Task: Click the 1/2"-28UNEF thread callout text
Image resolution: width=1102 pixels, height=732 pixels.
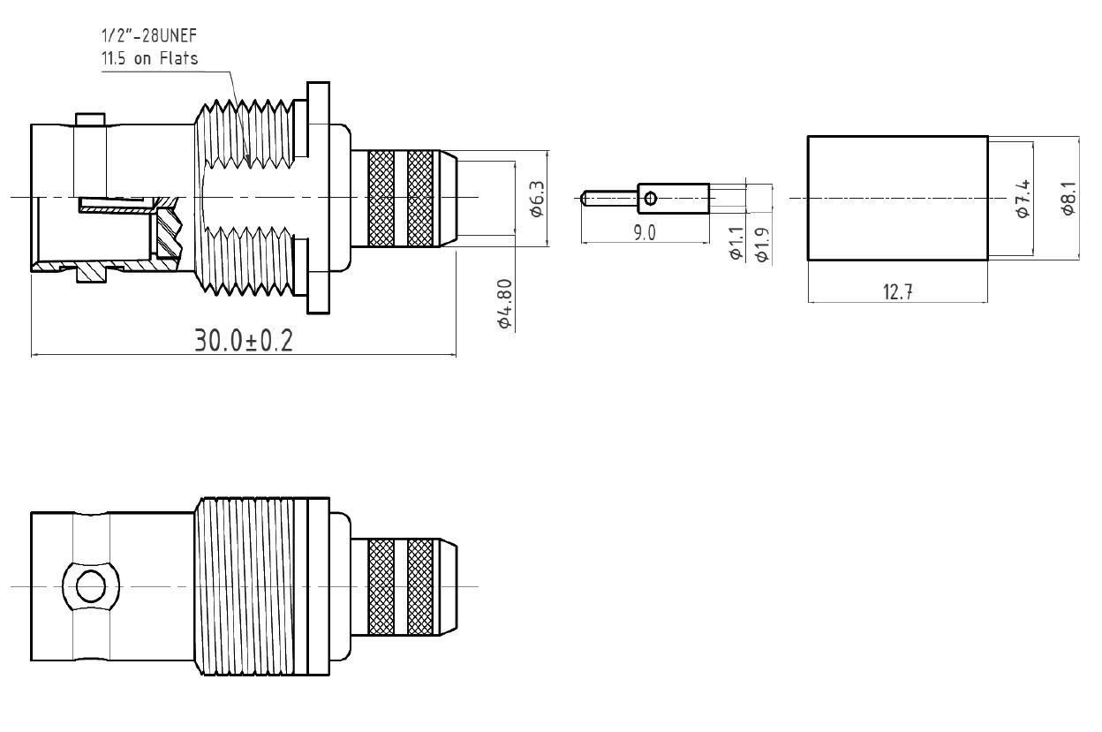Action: pyautogui.click(x=149, y=35)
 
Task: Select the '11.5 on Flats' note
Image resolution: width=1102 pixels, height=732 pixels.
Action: pyautogui.click(x=149, y=58)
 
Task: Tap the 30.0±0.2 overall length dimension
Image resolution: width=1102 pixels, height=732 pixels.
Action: pyautogui.click(x=244, y=341)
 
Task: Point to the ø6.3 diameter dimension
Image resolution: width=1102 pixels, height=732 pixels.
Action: pyautogui.click(x=537, y=199)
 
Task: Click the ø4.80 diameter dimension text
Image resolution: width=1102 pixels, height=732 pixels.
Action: pyautogui.click(x=505, y=303)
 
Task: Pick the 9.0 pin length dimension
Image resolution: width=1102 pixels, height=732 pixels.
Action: pyautogui.click(x=645, y=233)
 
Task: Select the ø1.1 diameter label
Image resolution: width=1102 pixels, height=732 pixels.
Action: pyautogui.click(x=736, y=243)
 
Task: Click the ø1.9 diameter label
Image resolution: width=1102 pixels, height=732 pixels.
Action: pyautogui.click(x=762, y=244)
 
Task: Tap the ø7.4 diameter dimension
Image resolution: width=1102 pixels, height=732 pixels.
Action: pyautogui.click(x=1023, y=199)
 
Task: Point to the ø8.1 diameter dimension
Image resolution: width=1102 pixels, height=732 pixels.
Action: pyautogui.click(x=1068, y=199)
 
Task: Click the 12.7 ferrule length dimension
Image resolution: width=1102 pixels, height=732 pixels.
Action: pyautogui.click(x=898, y=292)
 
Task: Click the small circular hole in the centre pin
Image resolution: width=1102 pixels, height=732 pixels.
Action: pyautogui.click(x=650, y=199)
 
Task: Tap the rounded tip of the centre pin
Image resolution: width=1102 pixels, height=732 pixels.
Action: pyautogui.click(x=584, y=199)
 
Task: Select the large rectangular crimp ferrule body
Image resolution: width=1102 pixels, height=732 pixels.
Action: pyautogui.click(x=898, y=198)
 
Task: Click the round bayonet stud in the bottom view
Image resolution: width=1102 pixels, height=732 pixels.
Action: pyautogui.click(x=91, y=586)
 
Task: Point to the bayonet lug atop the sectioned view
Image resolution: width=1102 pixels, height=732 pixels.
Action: pyautogui.click(x=91, y=119)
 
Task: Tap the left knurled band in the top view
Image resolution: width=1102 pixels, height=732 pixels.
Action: pyautogui.click(x=381, y=199)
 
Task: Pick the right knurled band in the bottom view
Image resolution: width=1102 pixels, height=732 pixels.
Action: pyautogui.click(x=420, y=586)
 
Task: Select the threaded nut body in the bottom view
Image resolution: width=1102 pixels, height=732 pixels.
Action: pyautogui.click(x=261, y=586)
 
